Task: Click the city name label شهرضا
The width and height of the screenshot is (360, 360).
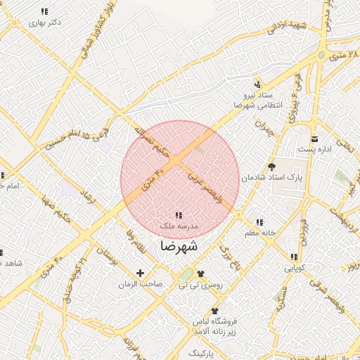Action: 179,247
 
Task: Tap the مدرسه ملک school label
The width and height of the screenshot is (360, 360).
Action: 179,226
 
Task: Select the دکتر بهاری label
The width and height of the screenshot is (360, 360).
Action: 45,22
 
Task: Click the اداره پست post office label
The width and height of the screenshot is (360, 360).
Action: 311,149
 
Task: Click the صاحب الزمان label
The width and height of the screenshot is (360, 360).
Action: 141,284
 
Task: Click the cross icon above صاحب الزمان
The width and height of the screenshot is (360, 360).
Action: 140,273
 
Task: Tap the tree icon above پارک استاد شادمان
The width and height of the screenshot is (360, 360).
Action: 272,167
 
